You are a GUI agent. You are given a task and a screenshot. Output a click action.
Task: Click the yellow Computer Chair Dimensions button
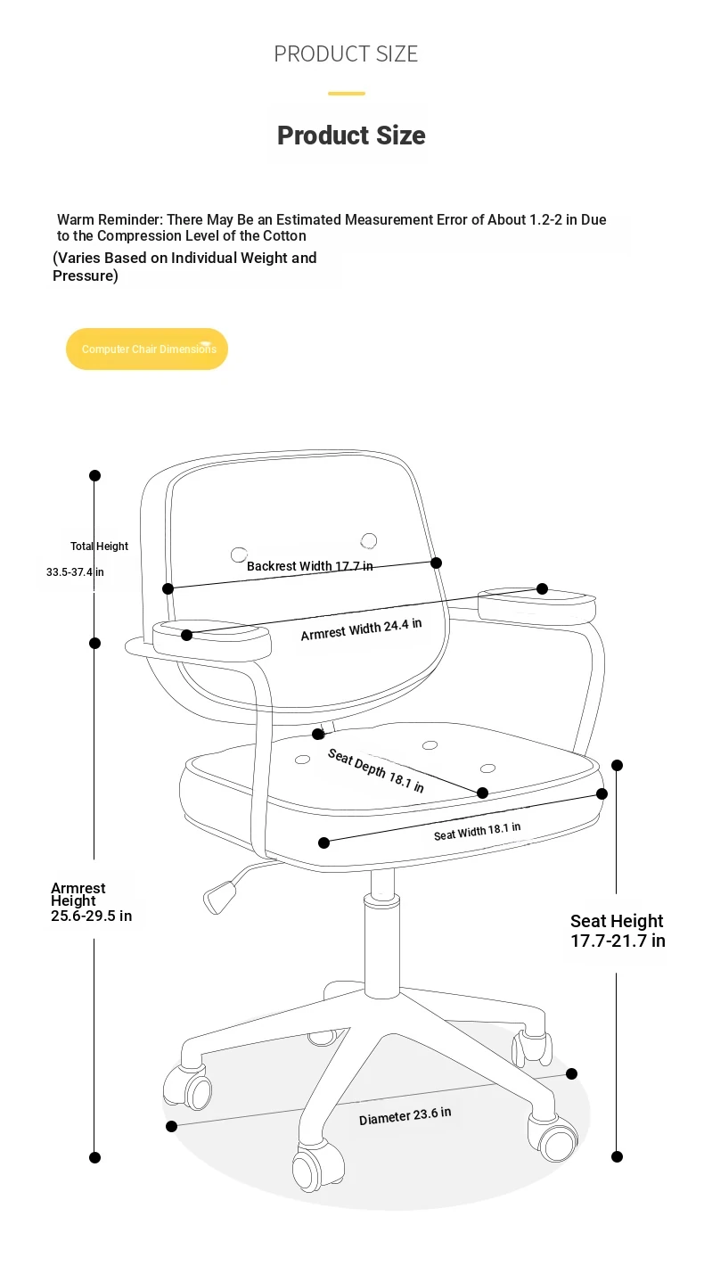(x=147, y=349)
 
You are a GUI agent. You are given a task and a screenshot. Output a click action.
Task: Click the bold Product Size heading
(x=351, y=136)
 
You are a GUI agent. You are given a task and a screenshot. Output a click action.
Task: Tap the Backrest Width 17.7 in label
(x=310, y=566)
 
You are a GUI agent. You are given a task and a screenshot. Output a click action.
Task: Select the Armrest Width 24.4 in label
(x=361, y=629)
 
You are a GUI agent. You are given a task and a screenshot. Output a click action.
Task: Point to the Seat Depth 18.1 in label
(x=376, y=770)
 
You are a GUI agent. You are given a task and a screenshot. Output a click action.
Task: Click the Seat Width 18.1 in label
(x=477, y=832)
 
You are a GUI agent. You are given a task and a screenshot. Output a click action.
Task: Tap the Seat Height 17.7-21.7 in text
(x=618, y=931)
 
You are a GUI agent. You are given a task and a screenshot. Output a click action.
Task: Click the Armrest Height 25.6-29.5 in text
(x=91, y=902)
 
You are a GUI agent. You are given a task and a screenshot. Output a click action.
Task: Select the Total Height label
(x=99, y=546)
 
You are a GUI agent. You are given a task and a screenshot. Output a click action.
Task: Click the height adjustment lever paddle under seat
(x=220, y=897)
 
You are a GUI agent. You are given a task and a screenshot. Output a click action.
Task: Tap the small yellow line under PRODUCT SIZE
(x=347, y=94)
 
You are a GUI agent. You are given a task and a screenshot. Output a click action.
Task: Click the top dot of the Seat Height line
(x=617, y=766)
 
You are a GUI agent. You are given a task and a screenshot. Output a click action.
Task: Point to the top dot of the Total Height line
(x=95, y=475)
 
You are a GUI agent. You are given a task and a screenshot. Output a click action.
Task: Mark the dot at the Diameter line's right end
(x=571, y=1073)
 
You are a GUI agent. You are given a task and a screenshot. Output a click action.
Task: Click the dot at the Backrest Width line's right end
(x=436, y=563)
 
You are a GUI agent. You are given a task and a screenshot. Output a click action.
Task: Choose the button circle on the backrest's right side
(x=369, y=540)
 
